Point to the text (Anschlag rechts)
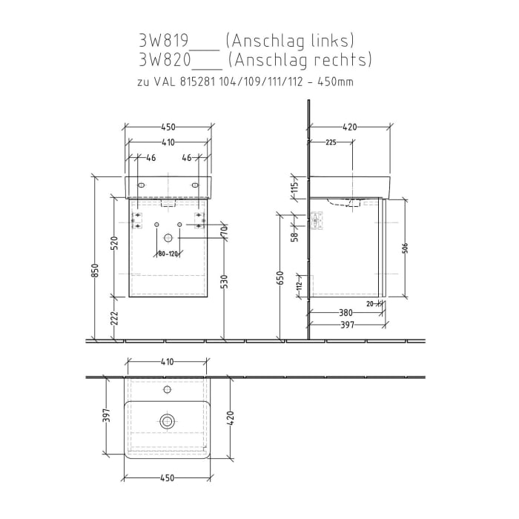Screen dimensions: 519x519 pos(300,59)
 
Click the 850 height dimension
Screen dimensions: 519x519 pos(95,273)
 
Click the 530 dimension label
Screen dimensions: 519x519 pos(222,282)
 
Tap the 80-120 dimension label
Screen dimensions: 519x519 pos(168,254)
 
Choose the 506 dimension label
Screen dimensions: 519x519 pos(403,248)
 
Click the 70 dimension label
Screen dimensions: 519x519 pos(223,231)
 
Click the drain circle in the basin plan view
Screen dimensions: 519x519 pos(167,421)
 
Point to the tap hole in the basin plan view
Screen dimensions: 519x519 pos(167,388)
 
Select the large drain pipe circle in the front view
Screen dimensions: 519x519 pos(168,238)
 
